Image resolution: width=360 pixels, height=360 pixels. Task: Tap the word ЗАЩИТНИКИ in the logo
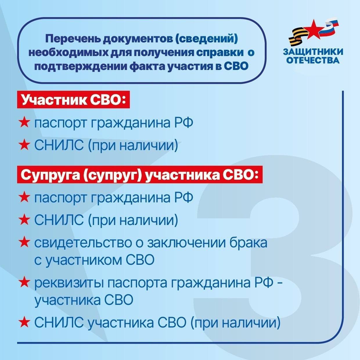click(313, 52)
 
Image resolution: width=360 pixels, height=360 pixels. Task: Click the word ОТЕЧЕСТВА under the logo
click(313, 60)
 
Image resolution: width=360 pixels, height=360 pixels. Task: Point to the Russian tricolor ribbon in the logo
click(330, 27)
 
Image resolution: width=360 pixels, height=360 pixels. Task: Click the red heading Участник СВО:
click(73, 100)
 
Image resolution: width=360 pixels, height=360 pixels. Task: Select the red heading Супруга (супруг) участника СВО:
click(140, 175)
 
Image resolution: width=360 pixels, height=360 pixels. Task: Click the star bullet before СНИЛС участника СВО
click(24, 322)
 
